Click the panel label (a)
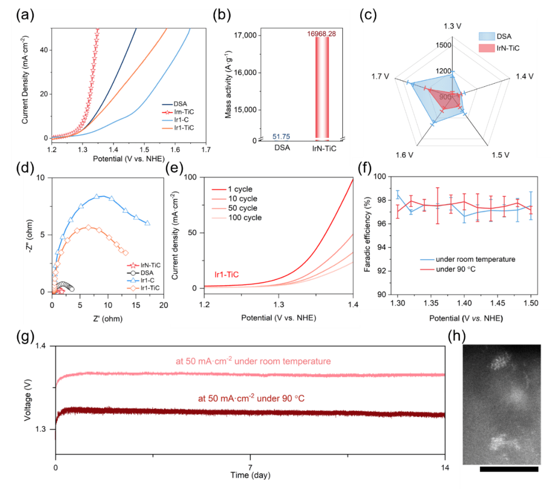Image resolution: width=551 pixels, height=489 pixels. (x=26, y=15)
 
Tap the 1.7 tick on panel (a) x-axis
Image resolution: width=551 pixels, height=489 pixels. (x=206, y=150)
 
